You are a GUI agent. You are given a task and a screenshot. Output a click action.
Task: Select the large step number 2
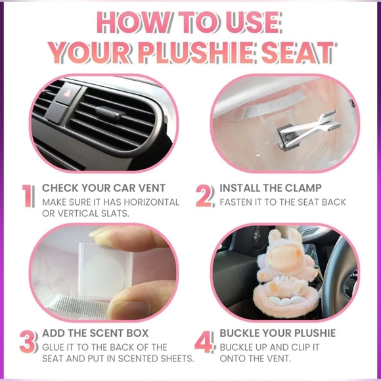tap(205, 195)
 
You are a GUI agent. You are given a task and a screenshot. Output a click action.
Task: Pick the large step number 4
tap(205, 342)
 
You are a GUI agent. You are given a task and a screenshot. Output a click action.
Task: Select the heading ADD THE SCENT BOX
tap(95, 333)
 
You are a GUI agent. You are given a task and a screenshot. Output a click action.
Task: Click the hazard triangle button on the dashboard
tap(68, 93)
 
